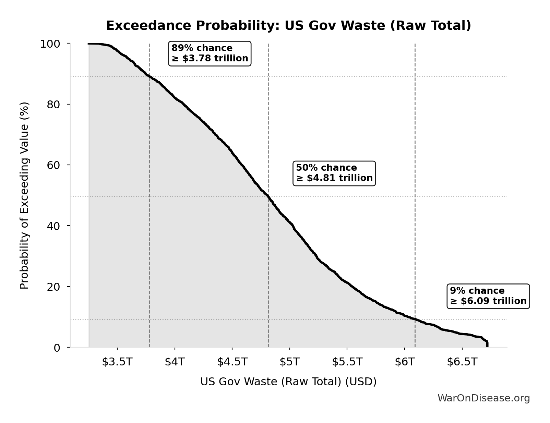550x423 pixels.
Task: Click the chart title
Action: [x=288, y=26]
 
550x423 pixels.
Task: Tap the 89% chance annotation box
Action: [x=210, y=53]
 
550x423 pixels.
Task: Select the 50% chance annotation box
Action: [x=334, y=173]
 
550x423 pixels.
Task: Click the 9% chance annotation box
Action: [x=488, y=296]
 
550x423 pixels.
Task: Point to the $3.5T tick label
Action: [x=117, y=362]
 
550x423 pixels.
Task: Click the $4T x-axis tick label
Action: [x=175, y=362]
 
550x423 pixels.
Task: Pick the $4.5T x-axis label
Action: [x=232, y=362]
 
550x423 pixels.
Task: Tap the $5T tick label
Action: [x=290, y=362]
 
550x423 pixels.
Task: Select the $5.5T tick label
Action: [x=347, y=362]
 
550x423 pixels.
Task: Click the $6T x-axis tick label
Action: [x=405, y=362]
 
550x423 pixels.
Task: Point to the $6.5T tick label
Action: [x=462, y=362]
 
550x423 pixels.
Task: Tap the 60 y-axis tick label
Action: [x=53, y=165]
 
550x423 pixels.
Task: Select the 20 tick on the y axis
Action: [x=53, y=287]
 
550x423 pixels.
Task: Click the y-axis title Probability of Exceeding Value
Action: [x=24, y=195]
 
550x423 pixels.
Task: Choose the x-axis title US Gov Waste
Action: [x=288, y=382]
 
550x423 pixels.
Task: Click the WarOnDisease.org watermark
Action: [x=483, y=398]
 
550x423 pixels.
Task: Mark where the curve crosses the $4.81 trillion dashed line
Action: [x=268, y=196]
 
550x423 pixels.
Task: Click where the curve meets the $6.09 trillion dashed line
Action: [x=415, y=319]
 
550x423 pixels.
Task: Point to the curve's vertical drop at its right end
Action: [x=487, y=344]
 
